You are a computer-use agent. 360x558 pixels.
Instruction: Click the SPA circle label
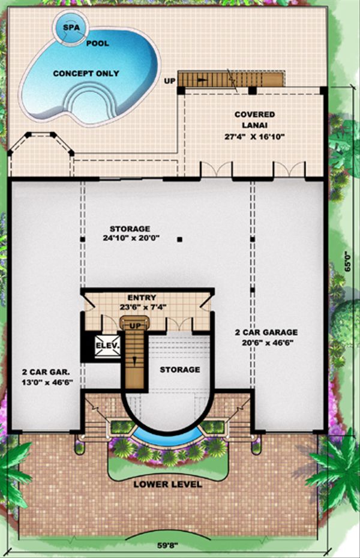click(71, 27)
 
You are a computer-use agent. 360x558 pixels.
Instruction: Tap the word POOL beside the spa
click(97, 43)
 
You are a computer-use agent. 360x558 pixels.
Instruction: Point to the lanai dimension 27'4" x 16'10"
click(255, 137)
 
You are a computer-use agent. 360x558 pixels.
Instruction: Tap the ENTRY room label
click(142, 298)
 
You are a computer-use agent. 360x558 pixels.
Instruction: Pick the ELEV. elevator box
click(108, 346)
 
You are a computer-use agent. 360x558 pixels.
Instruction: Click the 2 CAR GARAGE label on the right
click(266, 332)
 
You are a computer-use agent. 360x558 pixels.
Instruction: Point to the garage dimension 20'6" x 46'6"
click(266, 343)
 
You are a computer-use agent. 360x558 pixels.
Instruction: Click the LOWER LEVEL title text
click(167, 484)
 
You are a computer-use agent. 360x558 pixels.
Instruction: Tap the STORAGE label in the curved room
click(179, 370)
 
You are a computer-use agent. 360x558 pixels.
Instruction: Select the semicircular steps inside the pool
click(90, 102)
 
